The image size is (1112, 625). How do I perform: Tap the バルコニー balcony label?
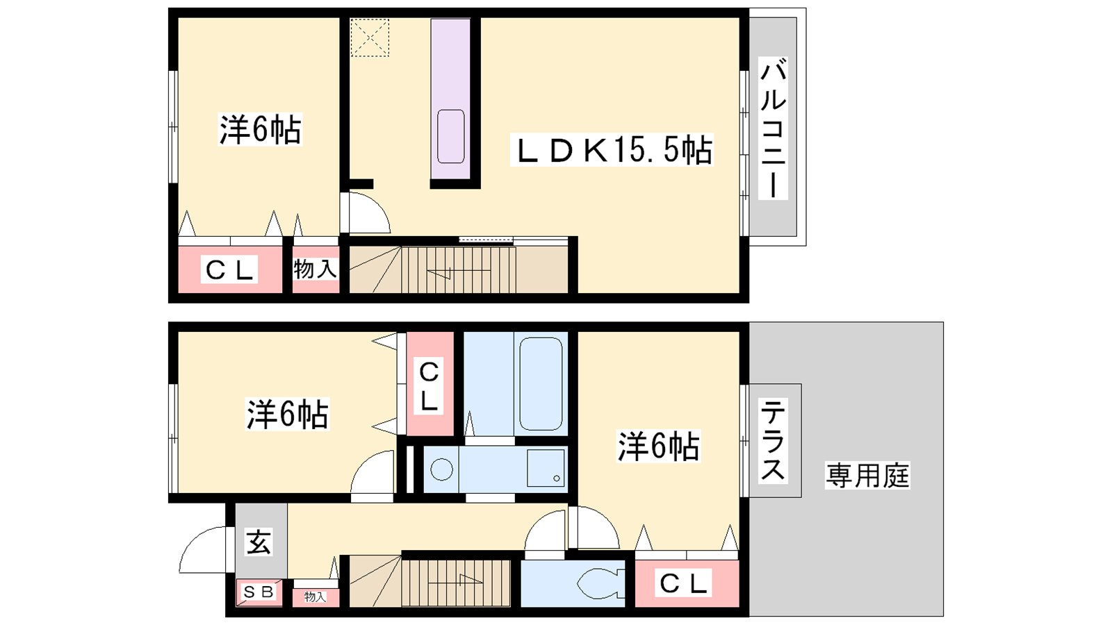773,128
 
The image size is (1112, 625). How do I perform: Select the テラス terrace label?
773,440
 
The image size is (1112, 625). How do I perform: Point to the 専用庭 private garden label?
867,475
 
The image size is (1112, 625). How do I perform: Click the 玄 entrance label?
259,542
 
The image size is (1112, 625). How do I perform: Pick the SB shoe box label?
259,592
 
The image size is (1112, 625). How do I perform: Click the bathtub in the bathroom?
541,383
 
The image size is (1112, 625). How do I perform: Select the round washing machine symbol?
441,469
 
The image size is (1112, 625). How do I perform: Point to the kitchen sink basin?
451,136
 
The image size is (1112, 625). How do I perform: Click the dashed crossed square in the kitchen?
370,37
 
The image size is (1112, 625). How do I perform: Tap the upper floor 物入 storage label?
316,269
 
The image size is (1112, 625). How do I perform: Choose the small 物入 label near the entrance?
316,597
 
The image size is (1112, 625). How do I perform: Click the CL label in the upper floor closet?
229,270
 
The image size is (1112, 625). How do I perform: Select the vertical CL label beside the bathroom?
429,387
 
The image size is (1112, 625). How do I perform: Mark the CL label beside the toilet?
683,583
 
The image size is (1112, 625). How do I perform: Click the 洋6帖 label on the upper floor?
260,129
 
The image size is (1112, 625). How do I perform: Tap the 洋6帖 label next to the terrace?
658,446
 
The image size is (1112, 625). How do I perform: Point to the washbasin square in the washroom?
546,468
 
